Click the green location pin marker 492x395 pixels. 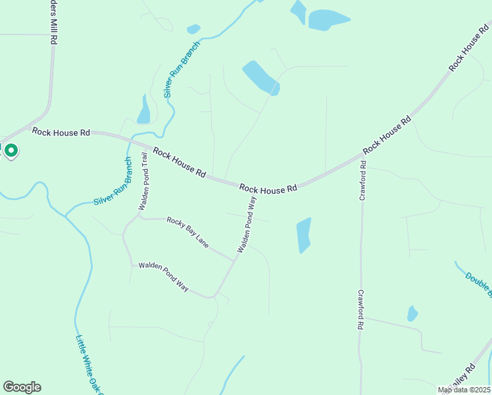(11, 151)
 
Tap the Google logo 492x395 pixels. (22, 387)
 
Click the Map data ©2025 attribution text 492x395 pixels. (464, 390)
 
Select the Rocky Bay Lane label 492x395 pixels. (187, 232)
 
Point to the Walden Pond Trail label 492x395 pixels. (143, 182)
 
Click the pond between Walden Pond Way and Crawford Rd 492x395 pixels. (303, 235)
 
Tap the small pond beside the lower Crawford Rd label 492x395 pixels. (412, 313)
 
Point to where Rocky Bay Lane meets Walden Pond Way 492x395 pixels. (234, 259)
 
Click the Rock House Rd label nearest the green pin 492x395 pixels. (61, 133)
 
